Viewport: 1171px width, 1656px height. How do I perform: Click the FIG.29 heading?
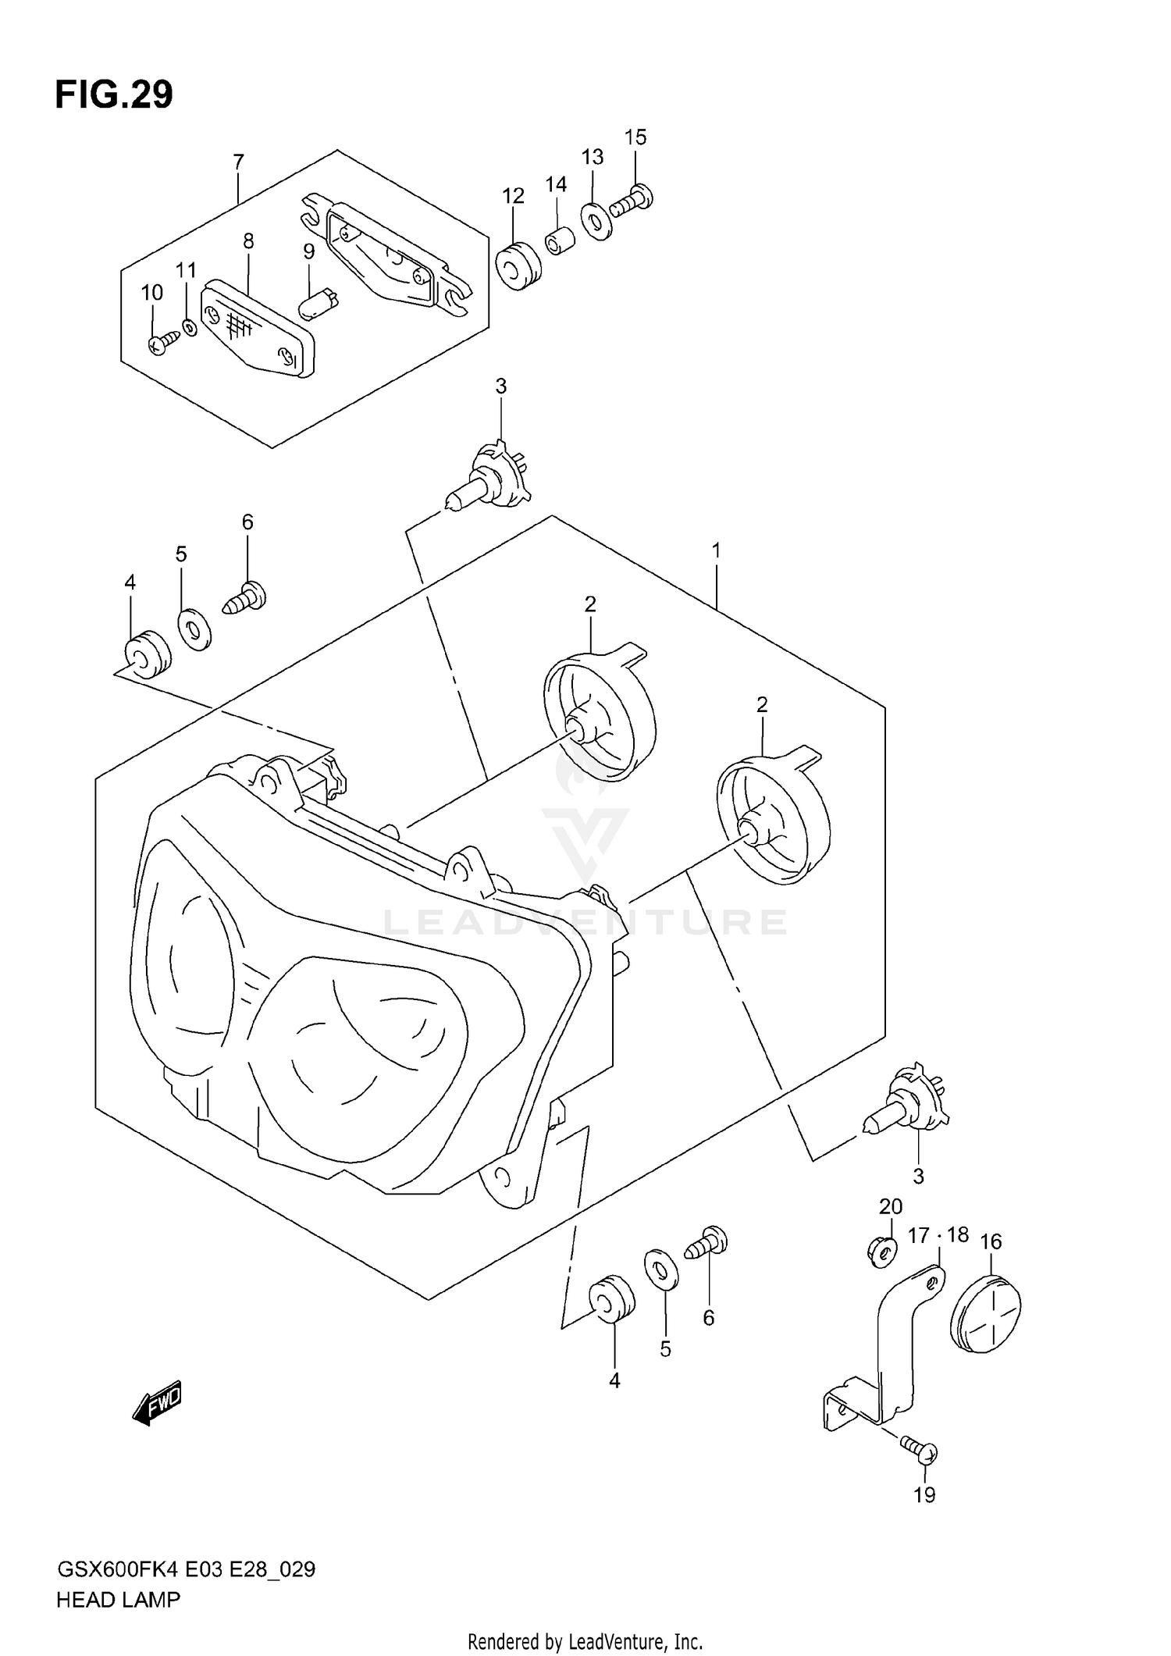tap(114, 95)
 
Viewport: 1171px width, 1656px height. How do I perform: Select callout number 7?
tap(238, 162)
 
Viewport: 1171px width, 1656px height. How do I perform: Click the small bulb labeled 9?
tap(318, 303)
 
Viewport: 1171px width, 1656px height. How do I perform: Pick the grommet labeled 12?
tap(517, 266)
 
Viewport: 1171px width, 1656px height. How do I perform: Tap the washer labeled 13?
tap(597, 221)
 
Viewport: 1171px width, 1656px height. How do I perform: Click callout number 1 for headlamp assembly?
tap(716, 551)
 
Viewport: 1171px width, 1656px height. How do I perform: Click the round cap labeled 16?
tap(988, 1314)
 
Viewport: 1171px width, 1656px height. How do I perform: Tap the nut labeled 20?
tap(882, 1253)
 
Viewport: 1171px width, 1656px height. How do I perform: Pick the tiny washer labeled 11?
tap(188, 326)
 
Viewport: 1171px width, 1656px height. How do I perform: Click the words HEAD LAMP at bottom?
tap(118, 1600)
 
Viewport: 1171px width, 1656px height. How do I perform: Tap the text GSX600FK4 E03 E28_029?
tap(186, 1569)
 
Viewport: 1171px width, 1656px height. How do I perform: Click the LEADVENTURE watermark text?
tap(585, 922)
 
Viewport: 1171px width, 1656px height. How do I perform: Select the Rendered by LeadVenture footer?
tap(585, 1642)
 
